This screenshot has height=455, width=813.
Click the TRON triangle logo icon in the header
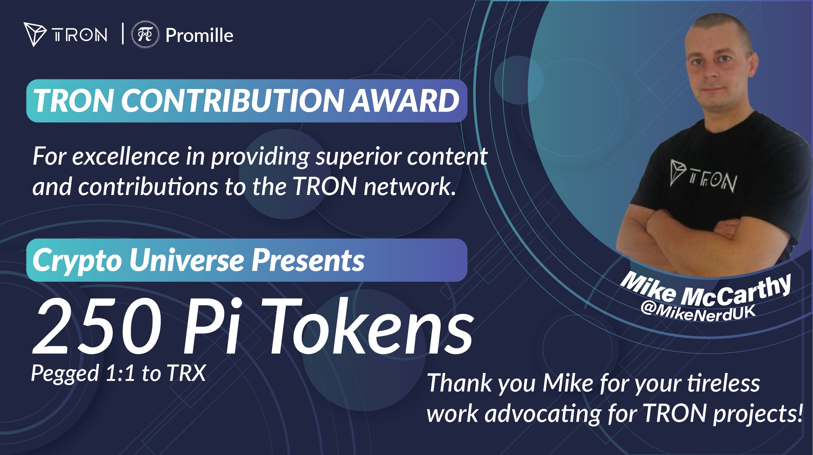point(34,34)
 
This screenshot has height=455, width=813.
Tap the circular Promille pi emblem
point(145,34)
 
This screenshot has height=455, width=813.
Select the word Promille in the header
point(200,35)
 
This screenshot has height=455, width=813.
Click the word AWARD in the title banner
point(404,101)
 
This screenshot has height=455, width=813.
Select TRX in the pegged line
point(186,373)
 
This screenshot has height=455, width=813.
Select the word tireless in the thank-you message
point(723,383)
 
